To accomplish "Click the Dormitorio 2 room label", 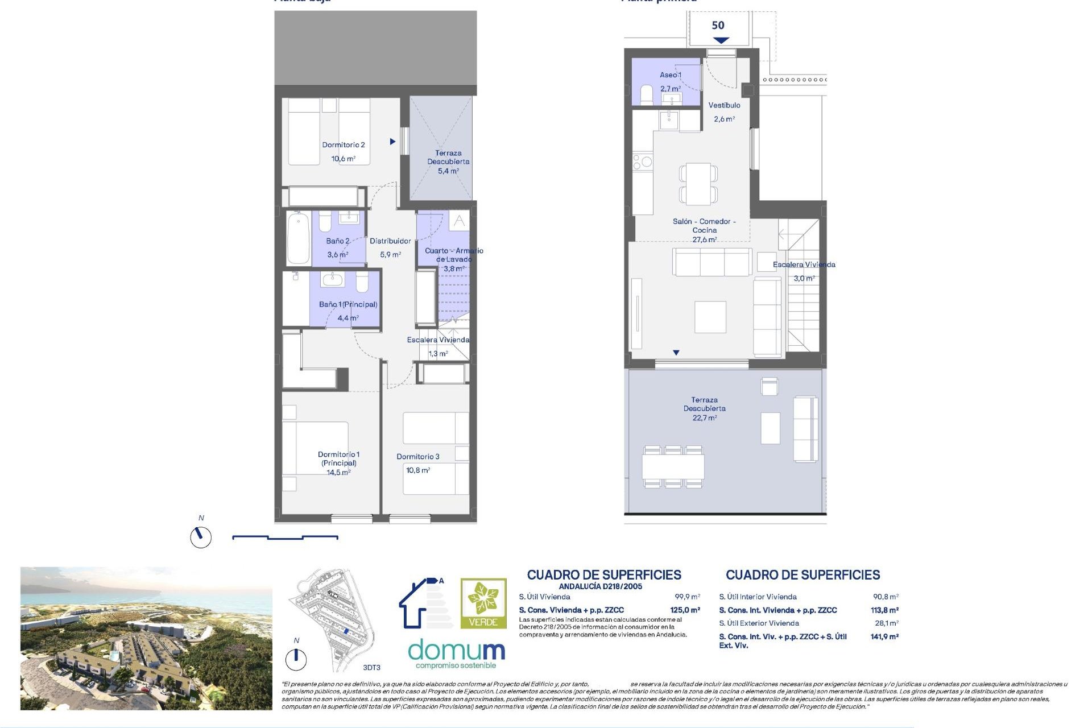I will pyautogui.click(x=344, y=145).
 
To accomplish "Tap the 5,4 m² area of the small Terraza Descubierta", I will pyautogui.click(x=448, y=171).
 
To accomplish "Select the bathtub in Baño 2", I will pyautogui.click(x=298, y=238).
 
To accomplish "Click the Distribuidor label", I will pyautogui.click(x=390, y=241).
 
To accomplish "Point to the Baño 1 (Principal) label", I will pyautogui.click(x=348, y=304).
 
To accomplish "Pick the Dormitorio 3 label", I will pyautogui.click(x=418, y=457).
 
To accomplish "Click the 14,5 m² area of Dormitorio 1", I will pyautogui.click(x=338, y=473).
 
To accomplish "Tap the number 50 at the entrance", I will pyautogui.click(x=718, y=26).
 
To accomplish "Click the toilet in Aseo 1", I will pyautogui.click(x=647, y=94).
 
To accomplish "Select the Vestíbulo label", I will pyautogui.click(x=724, y=105).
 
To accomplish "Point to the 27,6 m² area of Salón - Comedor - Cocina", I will pyautogui.click(x=704, y=240).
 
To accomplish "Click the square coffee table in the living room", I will pyautogui.click(x=710, y=317).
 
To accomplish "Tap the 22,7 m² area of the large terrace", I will pyautogui.click(x=704, y=418).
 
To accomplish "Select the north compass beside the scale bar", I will pyautogui.click(x=201, y=537).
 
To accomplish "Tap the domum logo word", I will pyautogui.click(x=457, y=650).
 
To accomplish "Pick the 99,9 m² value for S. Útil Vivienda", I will pyautogui.click(x=687, y=597).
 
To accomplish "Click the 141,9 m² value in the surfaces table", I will pyautogui.click(x=884, y=637).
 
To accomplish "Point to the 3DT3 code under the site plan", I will pyautogui.click(x=371, y=668).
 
